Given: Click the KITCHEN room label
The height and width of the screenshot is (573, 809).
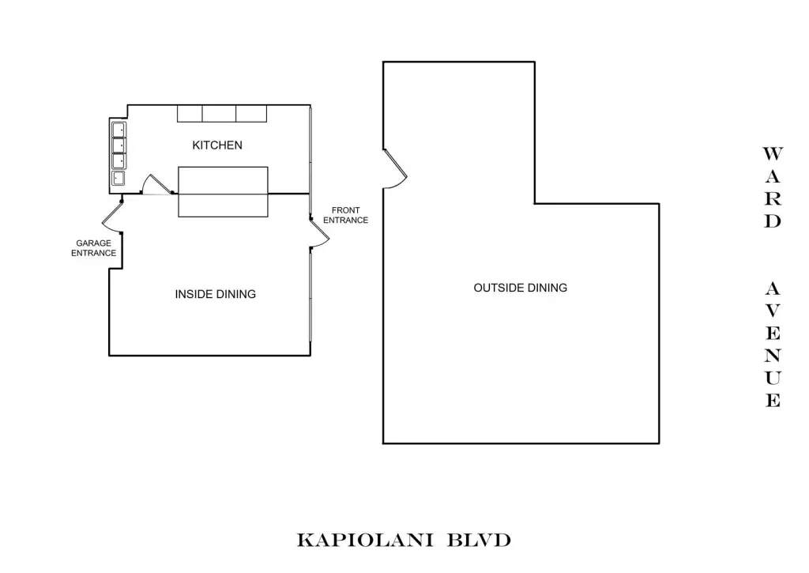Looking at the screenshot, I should [217, 145].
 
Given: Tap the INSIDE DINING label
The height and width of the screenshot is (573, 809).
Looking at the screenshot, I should [215, 294].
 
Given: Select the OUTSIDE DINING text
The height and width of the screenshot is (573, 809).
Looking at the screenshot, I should [520, 288].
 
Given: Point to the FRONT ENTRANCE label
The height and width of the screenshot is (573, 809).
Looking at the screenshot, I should [345, 215].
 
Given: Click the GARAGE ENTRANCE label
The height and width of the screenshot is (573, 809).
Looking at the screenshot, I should [93, 248].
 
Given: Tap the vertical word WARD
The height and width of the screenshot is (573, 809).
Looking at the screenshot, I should [772, 187].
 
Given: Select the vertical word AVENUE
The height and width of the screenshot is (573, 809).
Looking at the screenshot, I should [772, 345].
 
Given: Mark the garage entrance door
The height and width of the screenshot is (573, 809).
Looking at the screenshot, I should [112, 217].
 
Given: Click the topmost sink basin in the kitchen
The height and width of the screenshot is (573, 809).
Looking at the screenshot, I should [119, 129].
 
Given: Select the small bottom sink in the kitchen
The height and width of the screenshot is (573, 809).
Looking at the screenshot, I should [119, 179].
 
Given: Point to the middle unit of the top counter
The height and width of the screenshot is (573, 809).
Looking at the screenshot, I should [220, 113].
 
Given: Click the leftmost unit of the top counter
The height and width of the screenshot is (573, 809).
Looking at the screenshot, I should [190, 113].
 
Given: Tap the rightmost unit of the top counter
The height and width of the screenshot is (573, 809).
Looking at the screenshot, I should [251, 113].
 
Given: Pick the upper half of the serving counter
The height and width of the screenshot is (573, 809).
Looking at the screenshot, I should [223, 179].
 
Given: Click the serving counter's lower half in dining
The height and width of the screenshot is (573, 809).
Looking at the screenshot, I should [223, 205].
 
